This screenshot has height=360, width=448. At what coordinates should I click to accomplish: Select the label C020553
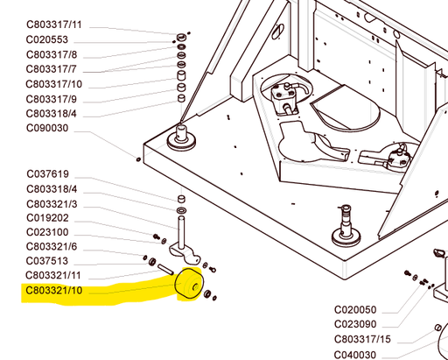click(x=47, y=40)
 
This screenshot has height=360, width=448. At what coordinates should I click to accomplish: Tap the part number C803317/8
click(x=52, y=55)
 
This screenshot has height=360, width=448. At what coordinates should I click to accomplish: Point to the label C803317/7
click(x=52, y=69)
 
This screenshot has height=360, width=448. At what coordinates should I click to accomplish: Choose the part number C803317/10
click(x=54, y=84)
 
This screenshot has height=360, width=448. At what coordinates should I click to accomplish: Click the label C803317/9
click(x=52, y=99)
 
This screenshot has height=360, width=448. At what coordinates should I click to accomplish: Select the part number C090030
click(x=47, y=129)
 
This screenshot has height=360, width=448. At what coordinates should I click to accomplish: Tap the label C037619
click(x=47, y=174)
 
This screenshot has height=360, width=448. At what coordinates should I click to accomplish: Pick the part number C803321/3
click(x=52, y=204)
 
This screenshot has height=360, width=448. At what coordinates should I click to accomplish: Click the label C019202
click(x=47, y=218)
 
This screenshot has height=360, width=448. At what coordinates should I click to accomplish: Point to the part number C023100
click(x=47, y=232)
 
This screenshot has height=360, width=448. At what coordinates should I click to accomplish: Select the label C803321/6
click(x=52, y=246)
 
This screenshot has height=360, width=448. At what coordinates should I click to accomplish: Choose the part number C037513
click(x=47, y=261)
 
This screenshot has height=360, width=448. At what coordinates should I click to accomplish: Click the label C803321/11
click(x=54, y=275)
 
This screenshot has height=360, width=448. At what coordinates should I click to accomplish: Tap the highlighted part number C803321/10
click(x=54, y=290)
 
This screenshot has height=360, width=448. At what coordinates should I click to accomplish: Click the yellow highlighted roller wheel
click(x=188, y=286)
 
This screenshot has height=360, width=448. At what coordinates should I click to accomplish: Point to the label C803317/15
click(x=361, y=339)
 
